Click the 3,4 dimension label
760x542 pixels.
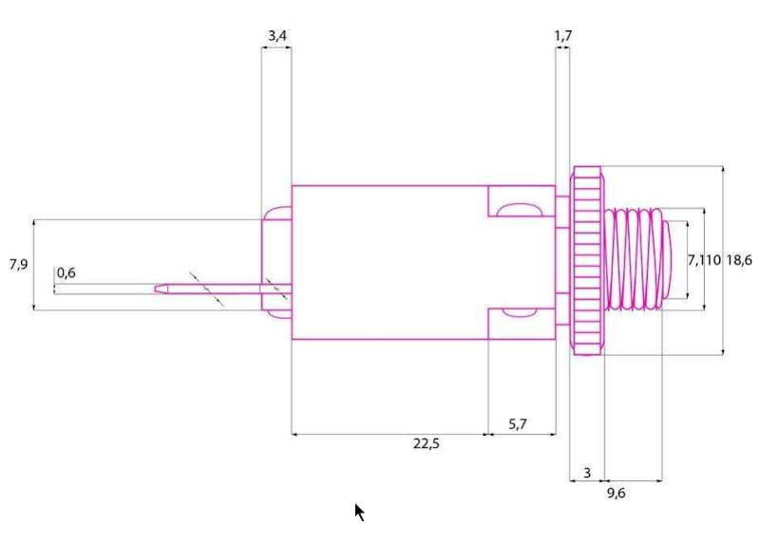point(276,35)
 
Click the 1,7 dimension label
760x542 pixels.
point(562,35)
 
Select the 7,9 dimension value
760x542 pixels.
point(18,265)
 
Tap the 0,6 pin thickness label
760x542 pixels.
point(66,272)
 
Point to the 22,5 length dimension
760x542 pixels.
point(426,443)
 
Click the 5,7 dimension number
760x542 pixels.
point(517,424)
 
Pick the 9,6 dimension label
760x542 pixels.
point(616,493)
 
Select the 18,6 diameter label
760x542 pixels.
point(739,261)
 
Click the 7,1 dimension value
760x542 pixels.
point(697,261)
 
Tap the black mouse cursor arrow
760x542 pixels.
point(359,512)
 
